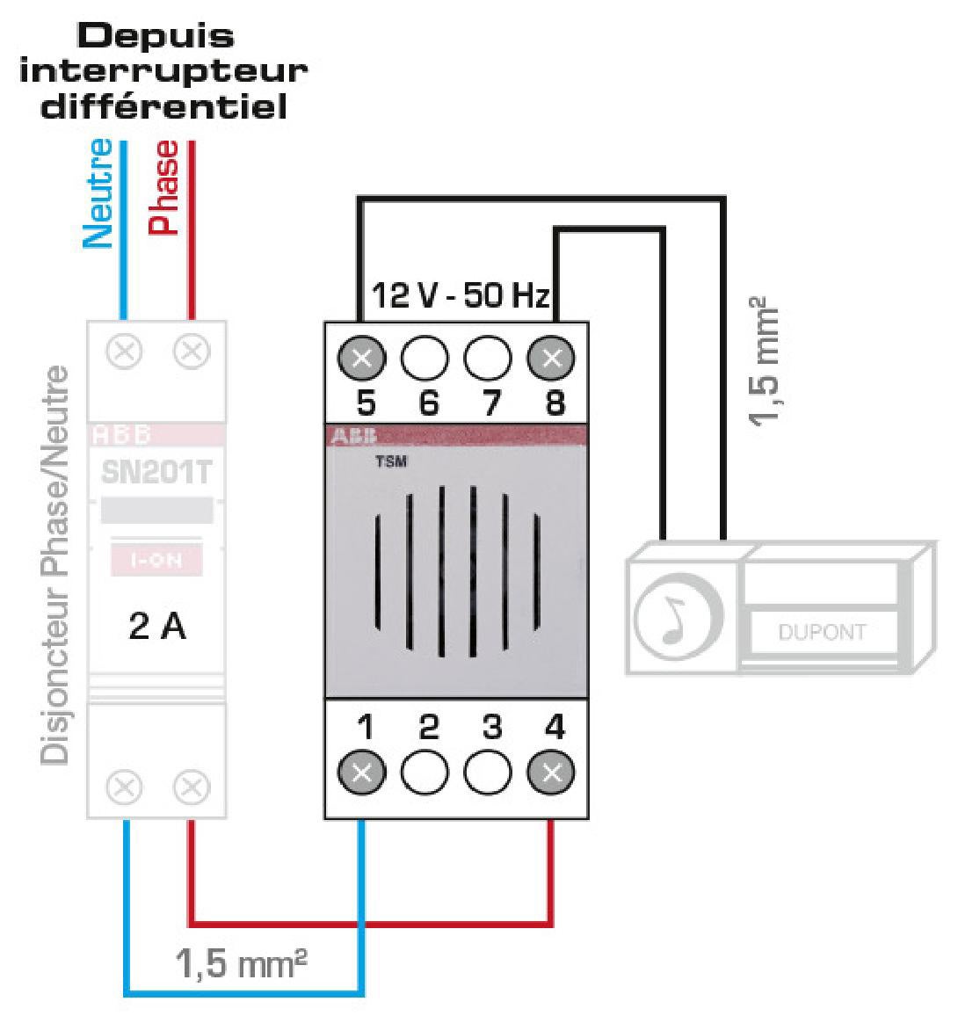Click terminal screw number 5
[362, 358]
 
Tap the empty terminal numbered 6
[425, 358]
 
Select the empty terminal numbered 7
[488, 358]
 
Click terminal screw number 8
[551, 358]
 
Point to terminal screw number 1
[362, 772]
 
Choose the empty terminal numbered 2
[425, 772]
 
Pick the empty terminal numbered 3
[488, 772]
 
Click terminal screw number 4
[551, 772]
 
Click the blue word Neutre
[98, 193]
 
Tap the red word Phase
[163, 188]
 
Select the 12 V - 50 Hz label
[461, 294]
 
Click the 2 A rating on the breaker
[157, 626]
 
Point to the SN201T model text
[156, 472]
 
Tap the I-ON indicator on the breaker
[156, 559]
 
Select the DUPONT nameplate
[822, 632]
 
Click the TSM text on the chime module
[391, 461]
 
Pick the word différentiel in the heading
[163, 106]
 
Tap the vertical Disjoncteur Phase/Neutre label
[54, 565]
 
